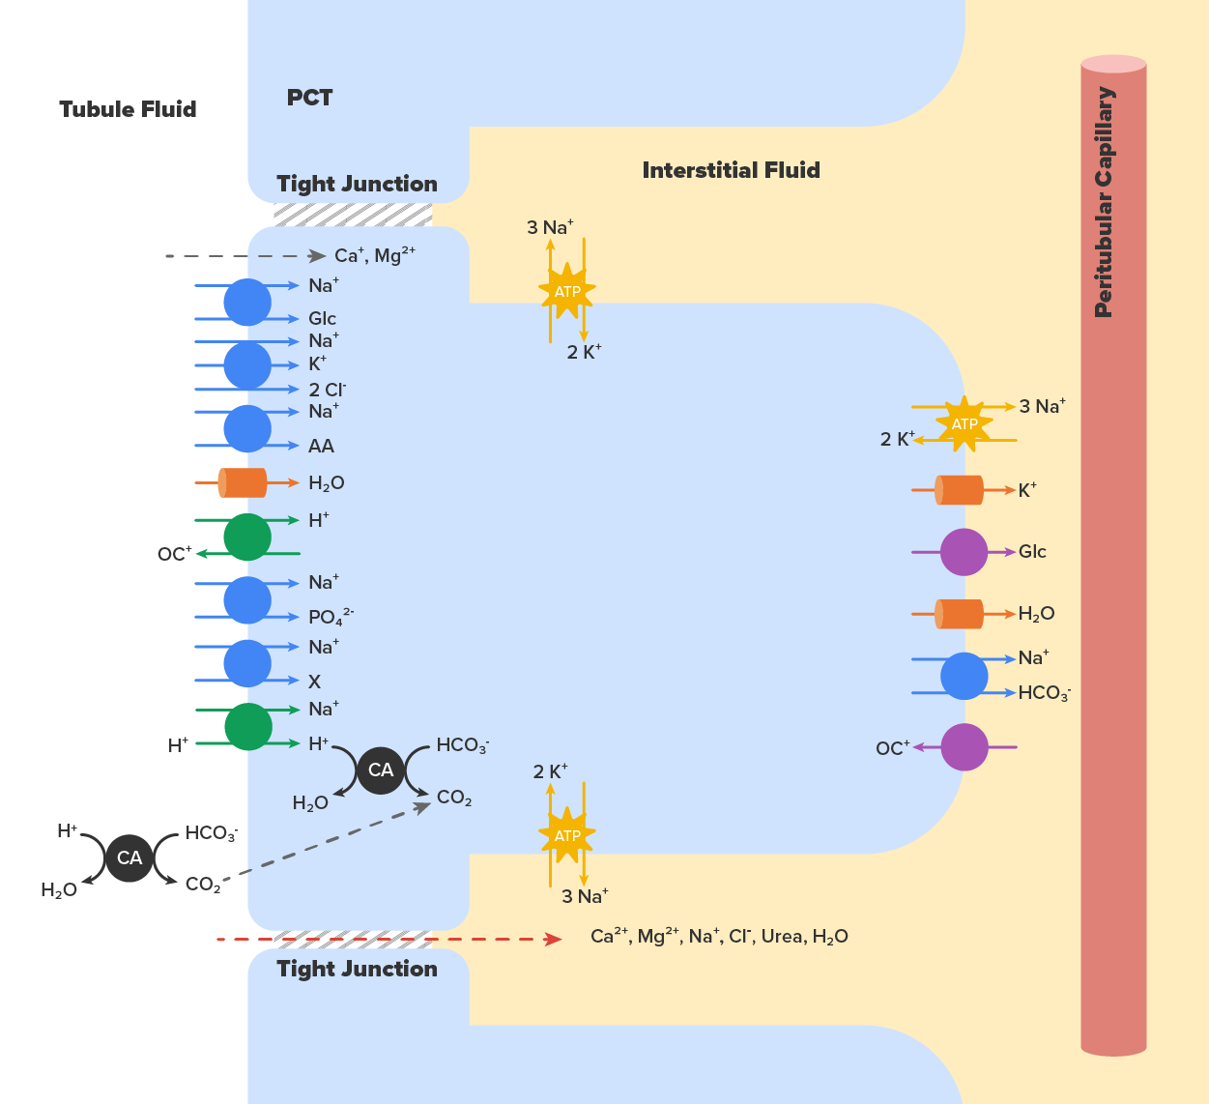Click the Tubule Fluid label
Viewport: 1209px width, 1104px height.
128,109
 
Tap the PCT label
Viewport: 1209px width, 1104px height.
309,98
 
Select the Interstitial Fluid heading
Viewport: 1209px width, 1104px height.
731,170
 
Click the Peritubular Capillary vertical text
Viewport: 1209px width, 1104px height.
1104,202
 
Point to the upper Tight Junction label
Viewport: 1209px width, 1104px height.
357,184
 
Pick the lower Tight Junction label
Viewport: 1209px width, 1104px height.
357,969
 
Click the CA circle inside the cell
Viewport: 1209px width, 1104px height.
381,770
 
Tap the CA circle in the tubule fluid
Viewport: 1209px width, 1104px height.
130,857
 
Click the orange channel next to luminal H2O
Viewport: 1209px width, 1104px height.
243,482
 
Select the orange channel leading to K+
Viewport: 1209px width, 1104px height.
959,490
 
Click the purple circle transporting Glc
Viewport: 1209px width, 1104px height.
964,552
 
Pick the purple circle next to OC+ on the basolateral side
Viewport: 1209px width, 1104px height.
964,747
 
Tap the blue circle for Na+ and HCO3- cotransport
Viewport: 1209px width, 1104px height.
964,676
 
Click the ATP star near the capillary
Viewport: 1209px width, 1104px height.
964,424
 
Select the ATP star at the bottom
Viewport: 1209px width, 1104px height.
567,835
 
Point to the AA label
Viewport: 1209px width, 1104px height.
321,446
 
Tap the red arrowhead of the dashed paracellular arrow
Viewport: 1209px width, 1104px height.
553,939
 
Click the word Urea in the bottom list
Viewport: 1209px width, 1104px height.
782,936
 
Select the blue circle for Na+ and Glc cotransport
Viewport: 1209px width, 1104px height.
247,302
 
